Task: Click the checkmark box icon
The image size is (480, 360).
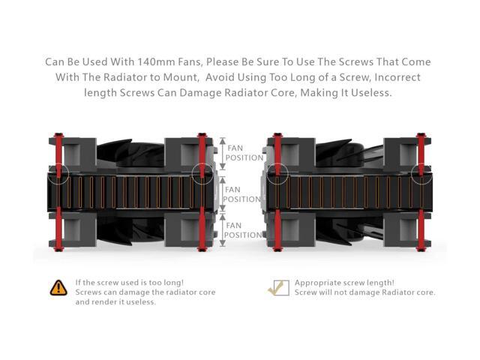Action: (x=278, y=287)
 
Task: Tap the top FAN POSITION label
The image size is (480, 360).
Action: (x=244, y=153)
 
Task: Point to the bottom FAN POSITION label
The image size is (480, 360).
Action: (x=244, y=229)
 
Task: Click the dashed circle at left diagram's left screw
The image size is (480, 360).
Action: (x=58, y=174)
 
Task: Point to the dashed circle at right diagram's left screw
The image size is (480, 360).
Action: (x=277, y=174)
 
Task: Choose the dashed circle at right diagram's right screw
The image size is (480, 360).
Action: (x=421, y=174)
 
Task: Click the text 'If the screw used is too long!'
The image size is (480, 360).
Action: (x=130, y=282)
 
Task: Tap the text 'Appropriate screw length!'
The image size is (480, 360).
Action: (x=344, y=282)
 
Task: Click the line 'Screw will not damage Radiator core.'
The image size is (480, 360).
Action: (x=364, y=292)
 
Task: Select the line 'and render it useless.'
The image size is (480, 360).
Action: (x=115, y=302)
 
